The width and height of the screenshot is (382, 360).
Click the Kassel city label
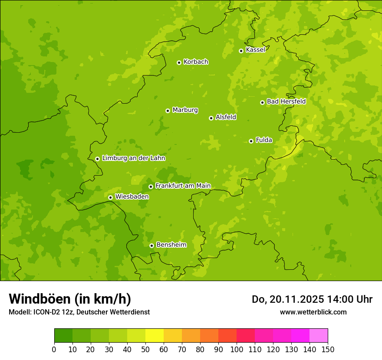[255, 50]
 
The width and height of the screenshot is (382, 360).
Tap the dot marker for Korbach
[179, 62]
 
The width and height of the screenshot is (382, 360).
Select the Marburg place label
[185, 110]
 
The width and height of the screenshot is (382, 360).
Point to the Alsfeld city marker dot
[211, 118]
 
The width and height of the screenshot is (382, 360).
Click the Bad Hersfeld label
[286, 101]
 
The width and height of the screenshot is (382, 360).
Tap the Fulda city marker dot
[251, 141]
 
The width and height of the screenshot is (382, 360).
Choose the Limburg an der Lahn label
[133, 158]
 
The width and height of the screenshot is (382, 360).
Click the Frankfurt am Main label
[183, 186]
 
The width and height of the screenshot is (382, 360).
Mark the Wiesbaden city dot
[110, 197]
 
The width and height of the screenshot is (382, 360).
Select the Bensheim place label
[171, 245]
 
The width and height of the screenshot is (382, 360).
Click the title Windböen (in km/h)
[70, 299]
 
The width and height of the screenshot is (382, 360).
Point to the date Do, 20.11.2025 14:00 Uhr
[312, 299]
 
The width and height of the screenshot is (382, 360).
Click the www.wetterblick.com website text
[313, 312]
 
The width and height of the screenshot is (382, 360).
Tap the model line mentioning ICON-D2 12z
[79, 312]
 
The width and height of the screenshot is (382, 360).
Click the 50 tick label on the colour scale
[145, 349]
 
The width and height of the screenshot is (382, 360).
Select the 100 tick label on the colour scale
[237, 349]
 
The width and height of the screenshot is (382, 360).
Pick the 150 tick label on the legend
[328, 349]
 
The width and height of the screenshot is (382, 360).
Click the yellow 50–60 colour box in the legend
[155, 336]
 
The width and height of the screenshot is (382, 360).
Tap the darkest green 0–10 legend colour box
[63, 336]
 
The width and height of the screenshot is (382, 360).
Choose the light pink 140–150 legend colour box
[319, 336]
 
